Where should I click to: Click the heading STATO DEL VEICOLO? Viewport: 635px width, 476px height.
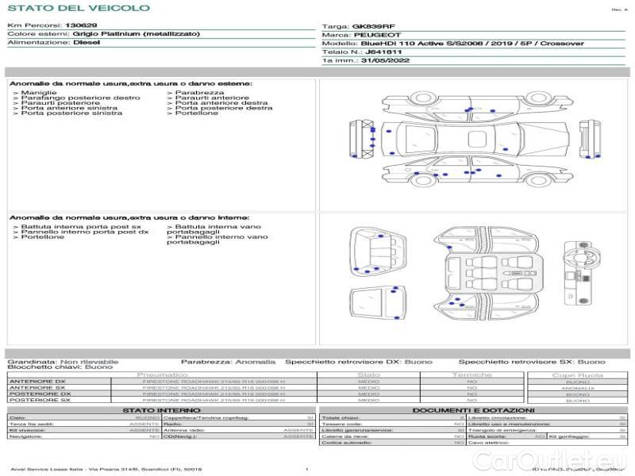tap(78, 8)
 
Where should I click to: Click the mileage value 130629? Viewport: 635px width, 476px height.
tap(82, 25)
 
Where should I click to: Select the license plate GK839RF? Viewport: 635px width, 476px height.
tap(374, 26)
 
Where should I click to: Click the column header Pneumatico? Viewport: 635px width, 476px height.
tap(163, 374)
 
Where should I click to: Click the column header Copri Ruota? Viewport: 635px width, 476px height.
tap(577, 375)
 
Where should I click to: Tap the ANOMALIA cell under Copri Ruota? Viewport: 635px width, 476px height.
tap(577, 388)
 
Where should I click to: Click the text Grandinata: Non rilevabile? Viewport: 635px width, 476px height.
tap(63, 361)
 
